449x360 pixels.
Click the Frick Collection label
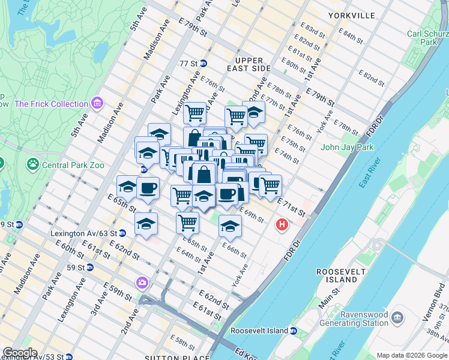click(51, 104)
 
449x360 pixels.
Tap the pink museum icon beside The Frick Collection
click(97, 104)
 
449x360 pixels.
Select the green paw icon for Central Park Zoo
click(32, 163)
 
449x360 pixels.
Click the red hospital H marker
click(281, 225)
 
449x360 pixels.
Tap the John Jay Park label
click(347, 147)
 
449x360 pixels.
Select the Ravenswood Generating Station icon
click(397, 316)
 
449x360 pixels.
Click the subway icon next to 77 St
click(203, 63)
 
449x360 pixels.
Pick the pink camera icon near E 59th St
click(142, 282)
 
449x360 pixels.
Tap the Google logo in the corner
click(19, 353)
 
